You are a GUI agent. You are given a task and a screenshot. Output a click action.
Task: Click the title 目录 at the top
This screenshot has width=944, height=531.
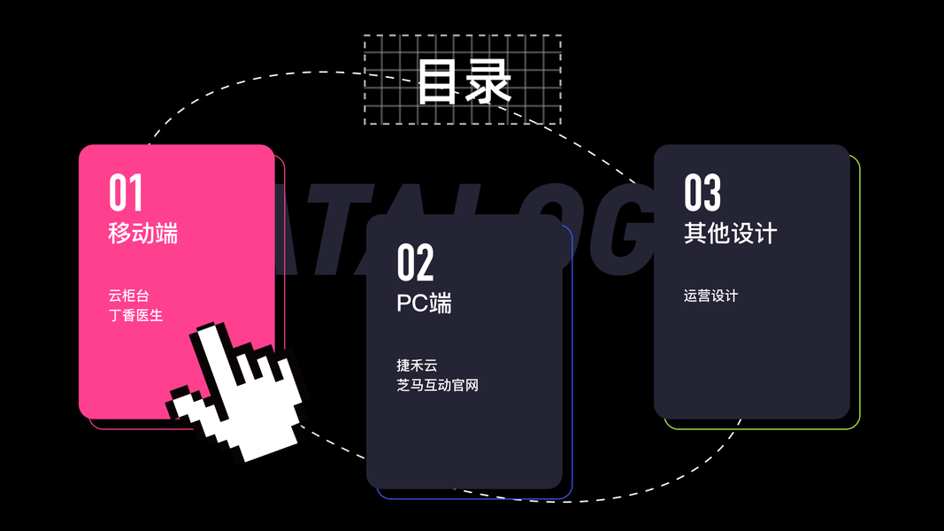tap(464, 81)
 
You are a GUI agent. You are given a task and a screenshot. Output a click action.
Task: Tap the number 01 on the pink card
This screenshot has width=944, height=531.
tap(126, 192)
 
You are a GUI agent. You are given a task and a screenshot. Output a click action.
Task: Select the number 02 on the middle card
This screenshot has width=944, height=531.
tap(415, 262)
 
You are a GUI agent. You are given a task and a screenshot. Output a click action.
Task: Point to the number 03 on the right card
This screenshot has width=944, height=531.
tap(702, 192)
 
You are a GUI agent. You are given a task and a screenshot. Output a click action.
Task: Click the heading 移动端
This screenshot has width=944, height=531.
tap(142, 233)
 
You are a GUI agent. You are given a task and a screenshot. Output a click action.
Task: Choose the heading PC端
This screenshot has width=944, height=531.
tap(424, 303)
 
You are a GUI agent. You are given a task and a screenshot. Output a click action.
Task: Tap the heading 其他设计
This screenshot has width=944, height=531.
tap(730, 233)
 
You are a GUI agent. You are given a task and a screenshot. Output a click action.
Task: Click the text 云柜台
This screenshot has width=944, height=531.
tap(128, 296)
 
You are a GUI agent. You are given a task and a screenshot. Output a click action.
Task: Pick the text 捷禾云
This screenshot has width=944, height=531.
tap(417, 366)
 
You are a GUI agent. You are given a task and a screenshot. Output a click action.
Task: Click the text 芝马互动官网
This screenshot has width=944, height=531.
tap(437, 385)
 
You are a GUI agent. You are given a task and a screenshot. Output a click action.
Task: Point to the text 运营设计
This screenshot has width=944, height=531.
tap(710, 296)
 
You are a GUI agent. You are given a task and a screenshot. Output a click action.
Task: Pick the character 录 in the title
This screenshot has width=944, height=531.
tap(489, 81)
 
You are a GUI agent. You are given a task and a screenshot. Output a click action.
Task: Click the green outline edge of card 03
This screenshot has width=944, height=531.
tap(859, 292)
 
